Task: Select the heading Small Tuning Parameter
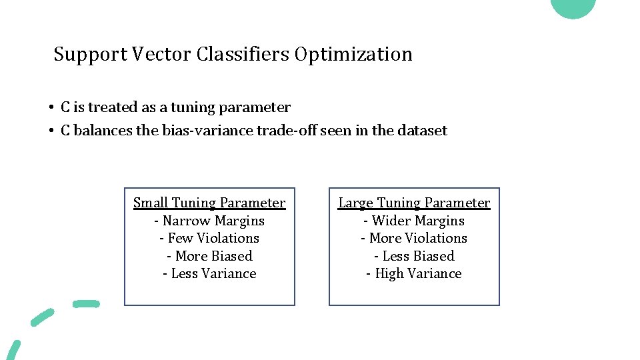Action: pos(209,203)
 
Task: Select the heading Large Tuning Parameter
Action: pos(414,203)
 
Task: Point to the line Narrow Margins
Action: pos(209,221)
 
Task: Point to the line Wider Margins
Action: pos(414,221)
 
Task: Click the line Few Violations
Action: pos(209,238)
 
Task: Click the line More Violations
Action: pos(414,238)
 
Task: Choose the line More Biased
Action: pos(209,256)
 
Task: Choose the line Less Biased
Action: pos(414,256)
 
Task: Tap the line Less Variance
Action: pos(209,273)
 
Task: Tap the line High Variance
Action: pos(414,273)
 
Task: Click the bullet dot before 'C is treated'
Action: pos(51,108)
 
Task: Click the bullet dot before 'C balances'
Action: pos(51,131)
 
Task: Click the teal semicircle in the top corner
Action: pos(573,7)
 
